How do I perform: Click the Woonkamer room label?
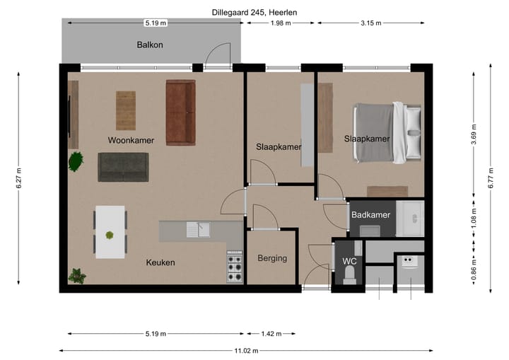coord(131,140)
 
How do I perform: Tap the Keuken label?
coord(160,262)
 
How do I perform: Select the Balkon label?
coord(150,45)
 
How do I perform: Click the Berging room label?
coord(272,258)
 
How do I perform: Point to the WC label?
coord(349,261)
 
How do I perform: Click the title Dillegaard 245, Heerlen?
coord(254,13)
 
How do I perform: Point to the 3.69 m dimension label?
coord(473,134)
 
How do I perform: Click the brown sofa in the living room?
coord(180,112)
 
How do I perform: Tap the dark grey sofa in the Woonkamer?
coord(123,166)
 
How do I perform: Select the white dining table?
coord(110,232)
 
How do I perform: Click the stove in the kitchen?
coord(235,267)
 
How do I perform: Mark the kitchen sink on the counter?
coord(199,229)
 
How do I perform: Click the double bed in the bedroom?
coord(389,133)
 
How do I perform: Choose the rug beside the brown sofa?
coord(126,111)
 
